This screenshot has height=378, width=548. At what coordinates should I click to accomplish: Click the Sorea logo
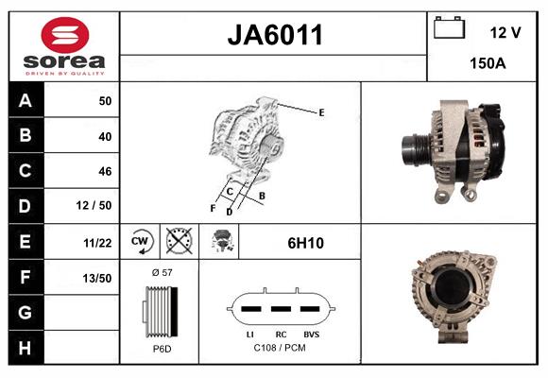tap(63, 47)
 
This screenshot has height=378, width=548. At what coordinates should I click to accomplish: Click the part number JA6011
tap(275, 35)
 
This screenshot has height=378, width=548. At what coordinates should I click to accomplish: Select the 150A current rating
tap(488, 65)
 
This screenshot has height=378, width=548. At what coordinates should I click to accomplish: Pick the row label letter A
tap(25, 101)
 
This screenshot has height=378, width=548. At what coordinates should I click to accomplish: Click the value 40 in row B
tap(104, 136)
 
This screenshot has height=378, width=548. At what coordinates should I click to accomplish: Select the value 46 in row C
tap(104, 171)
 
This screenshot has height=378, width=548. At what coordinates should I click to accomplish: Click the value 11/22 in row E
tap(98, 243)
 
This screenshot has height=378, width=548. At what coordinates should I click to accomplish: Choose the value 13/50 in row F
tap(98, 277)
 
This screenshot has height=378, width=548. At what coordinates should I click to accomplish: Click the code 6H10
tap(305, 243)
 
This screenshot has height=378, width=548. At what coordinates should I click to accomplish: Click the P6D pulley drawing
tap(160, 310)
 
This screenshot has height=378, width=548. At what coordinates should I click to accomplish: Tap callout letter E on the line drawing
tap(321, 112)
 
